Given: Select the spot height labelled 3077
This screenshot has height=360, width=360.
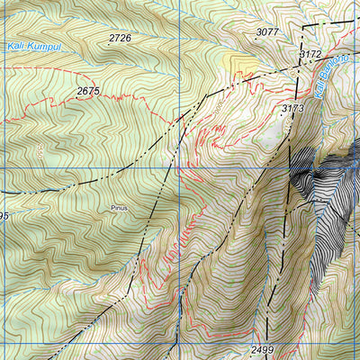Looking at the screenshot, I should coord(267,32).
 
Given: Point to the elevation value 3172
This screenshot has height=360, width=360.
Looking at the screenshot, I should coord(310,55).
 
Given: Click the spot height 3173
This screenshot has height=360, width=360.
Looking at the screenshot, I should coord(292,108).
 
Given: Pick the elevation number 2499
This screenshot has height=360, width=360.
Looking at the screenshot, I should coord(263,348).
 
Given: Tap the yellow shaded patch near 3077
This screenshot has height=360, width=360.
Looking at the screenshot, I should coord(239,62).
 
